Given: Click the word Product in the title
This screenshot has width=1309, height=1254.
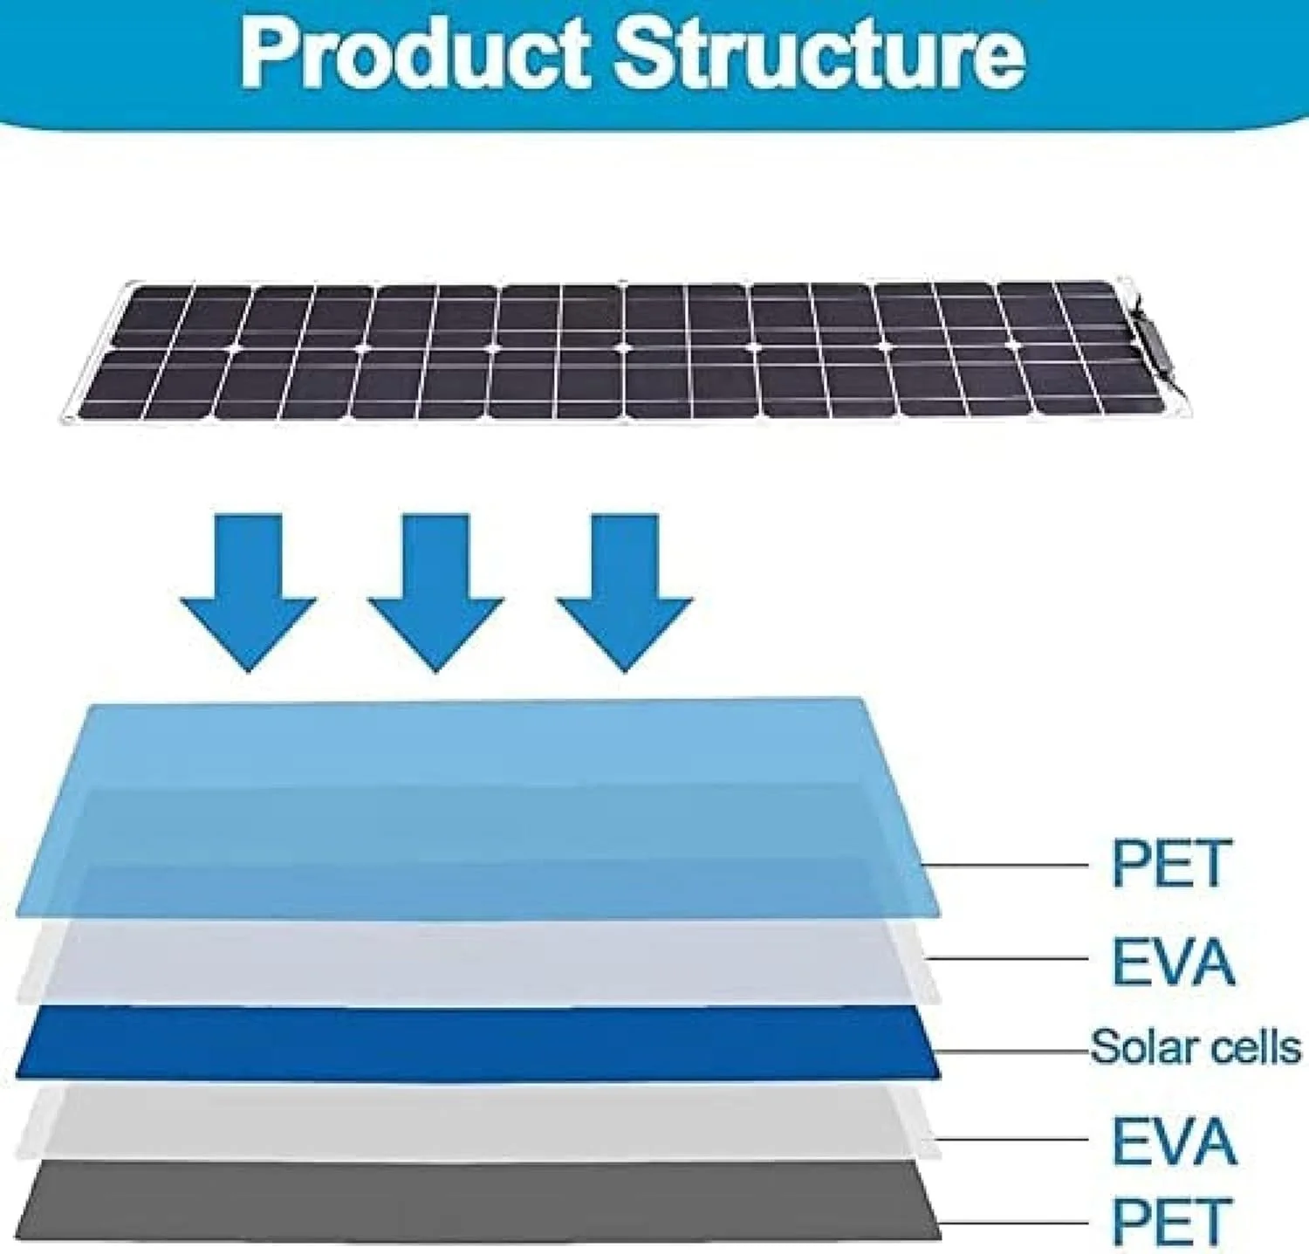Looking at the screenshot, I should [416, 54].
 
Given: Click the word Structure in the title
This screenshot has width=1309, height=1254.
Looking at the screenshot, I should [819, 54].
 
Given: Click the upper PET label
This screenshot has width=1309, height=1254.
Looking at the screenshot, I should [1171, 863].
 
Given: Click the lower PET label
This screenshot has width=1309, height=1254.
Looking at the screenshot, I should [1171, 1221].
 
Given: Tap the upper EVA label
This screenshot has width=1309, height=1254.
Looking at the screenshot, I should [1173, 962].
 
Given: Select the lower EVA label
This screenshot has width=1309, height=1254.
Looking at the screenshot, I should [1173, 1141].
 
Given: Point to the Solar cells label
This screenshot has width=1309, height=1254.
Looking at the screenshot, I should [1195, 1046].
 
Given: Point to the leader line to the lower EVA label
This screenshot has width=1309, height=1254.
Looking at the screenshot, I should [1012, 1139].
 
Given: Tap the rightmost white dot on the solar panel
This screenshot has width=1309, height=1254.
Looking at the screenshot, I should [1013, 346].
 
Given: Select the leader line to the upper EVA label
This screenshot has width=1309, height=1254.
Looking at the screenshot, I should [1008, 958].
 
